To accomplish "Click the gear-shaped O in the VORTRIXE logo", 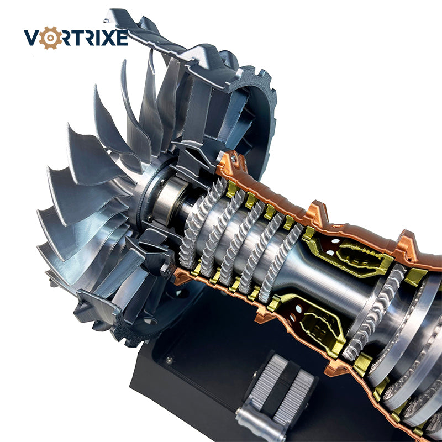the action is [50, 38].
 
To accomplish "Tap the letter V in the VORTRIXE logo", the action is [31, 38].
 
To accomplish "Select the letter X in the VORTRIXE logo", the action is [109, 38].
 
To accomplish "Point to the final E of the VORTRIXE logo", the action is [122, 38].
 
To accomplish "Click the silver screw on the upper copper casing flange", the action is [233, 159].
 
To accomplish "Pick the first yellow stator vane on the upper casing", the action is [231, 189].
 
